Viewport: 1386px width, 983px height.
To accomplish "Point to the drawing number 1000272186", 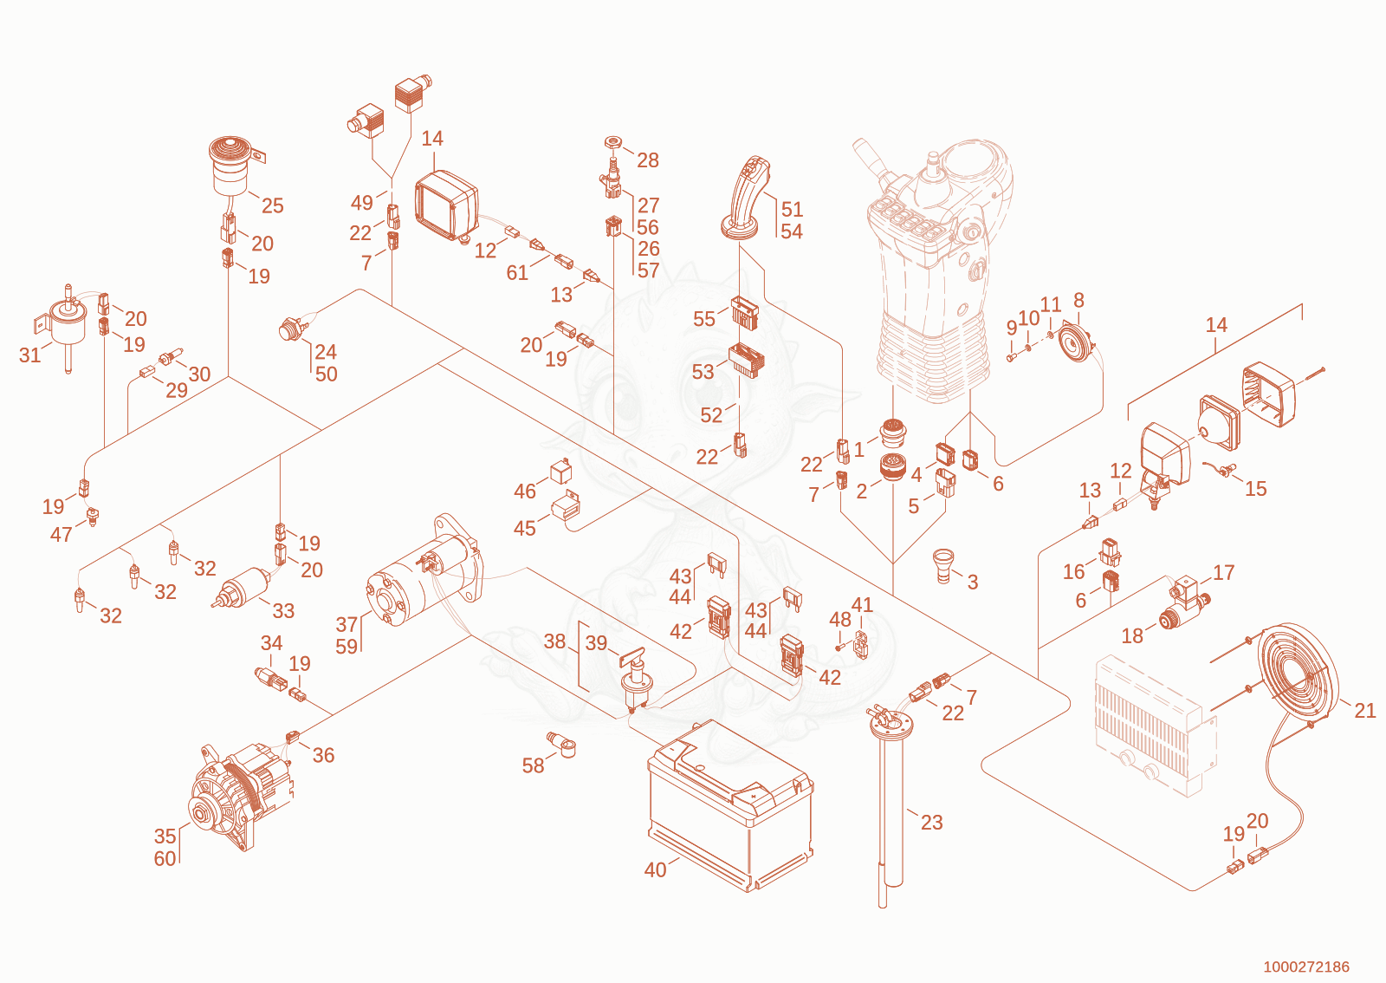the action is pos(1305,967).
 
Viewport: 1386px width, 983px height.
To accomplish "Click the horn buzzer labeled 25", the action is pos(234,166).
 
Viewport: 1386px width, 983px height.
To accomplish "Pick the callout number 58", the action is pos(533,765).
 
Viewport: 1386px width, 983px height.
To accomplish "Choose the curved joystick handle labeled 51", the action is pos(745,199).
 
